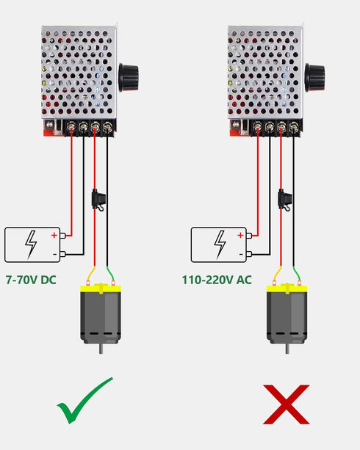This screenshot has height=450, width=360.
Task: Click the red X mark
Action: tap(286, 404)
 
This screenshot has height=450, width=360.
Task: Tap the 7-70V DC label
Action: tap(31, 280)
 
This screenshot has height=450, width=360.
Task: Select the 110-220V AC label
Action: tap(217, 280)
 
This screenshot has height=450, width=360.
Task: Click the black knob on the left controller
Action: tap(129, 78)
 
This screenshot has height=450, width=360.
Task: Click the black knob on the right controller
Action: tap(315, 78)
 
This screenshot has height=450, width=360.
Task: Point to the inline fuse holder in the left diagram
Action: tap(98, 200)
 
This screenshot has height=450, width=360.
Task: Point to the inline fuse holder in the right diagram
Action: tap(285, 200)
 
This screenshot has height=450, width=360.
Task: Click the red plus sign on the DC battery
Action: tap(54, 236)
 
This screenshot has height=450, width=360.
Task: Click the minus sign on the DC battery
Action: tap(54, 254)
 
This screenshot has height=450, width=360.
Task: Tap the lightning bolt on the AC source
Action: tap(220, 244)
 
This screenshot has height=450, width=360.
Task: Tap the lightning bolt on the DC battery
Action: tap(31, 244)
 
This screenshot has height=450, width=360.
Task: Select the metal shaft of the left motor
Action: tap(101, 349)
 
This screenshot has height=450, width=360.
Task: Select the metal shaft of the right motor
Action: tap(287, 349)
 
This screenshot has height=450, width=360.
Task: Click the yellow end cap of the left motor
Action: tap(101, 288)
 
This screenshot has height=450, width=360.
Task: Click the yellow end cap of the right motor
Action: tap(287, 288)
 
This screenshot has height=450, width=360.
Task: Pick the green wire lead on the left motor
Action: tap(110, 274)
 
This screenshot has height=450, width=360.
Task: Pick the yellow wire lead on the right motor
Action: tap(278, 274)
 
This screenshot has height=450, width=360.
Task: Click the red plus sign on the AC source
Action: tap(240, 236)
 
